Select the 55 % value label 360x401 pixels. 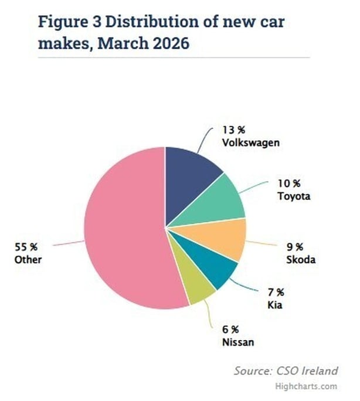(26, 247)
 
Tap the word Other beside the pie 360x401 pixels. (28, 259)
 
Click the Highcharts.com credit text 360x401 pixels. (314, 386)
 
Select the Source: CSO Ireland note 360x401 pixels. (286, 371)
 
